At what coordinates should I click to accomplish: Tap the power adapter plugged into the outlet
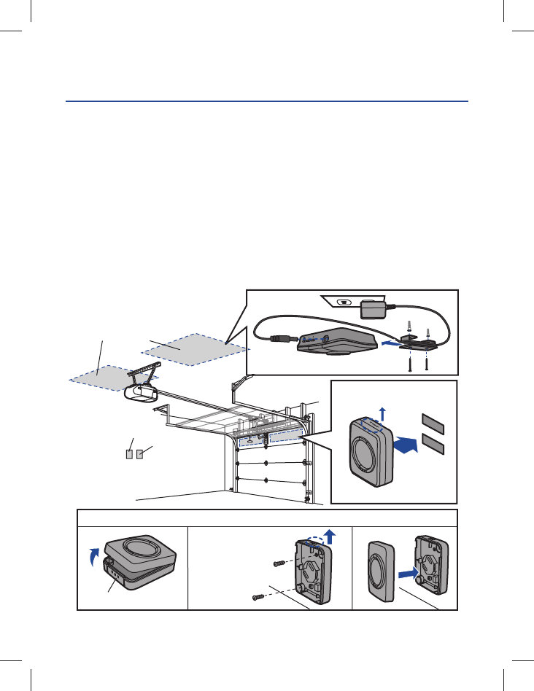coord(373,308)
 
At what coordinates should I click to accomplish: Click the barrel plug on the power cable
coord(279,338)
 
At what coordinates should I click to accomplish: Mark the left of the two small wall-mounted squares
coord(129,455)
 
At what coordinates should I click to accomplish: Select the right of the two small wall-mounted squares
coord(139,455)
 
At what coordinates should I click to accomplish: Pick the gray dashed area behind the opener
coord(106,377)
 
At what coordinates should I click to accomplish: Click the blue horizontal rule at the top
coord(267,102)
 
